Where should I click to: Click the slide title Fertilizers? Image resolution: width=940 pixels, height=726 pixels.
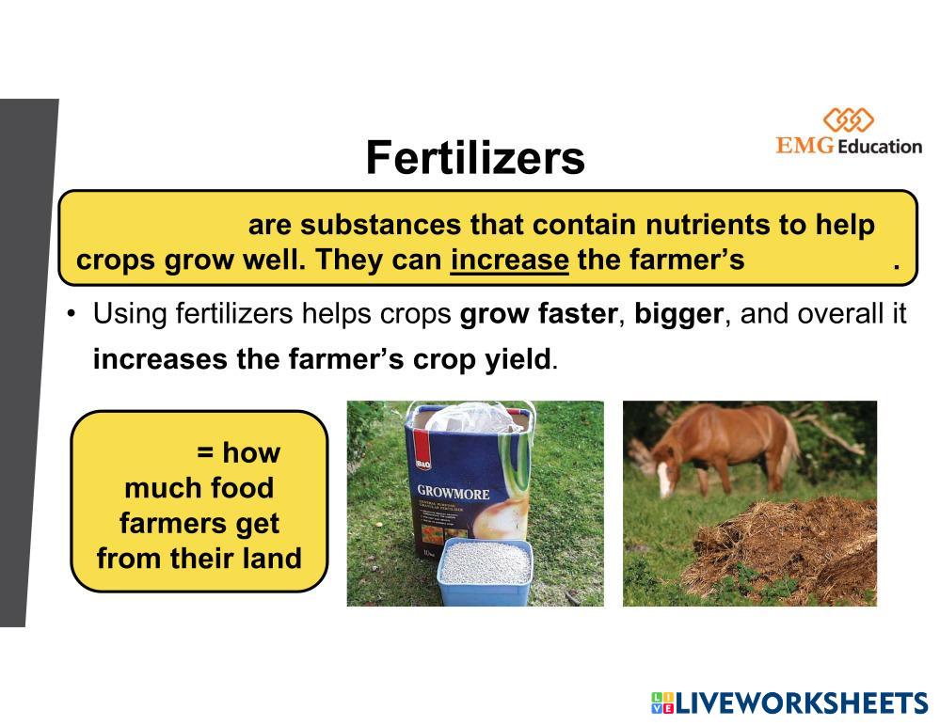coord(475,158)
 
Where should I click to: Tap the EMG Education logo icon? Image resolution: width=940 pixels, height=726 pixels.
coord(849,119)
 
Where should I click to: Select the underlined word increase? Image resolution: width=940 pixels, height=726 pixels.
coord(510,260)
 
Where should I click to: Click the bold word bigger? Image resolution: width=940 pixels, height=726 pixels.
coord(678,314)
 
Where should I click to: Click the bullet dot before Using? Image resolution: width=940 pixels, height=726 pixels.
coord(72,313)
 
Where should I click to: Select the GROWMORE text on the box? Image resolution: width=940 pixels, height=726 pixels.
coord(454,493)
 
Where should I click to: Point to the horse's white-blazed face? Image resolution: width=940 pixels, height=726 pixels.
coord(663,473)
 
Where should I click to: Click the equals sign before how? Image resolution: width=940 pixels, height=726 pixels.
coord(205,453)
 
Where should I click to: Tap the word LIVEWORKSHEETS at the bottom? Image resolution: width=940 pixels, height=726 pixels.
coord(802,702)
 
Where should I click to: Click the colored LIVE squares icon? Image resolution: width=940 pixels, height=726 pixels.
coord(662,702)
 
